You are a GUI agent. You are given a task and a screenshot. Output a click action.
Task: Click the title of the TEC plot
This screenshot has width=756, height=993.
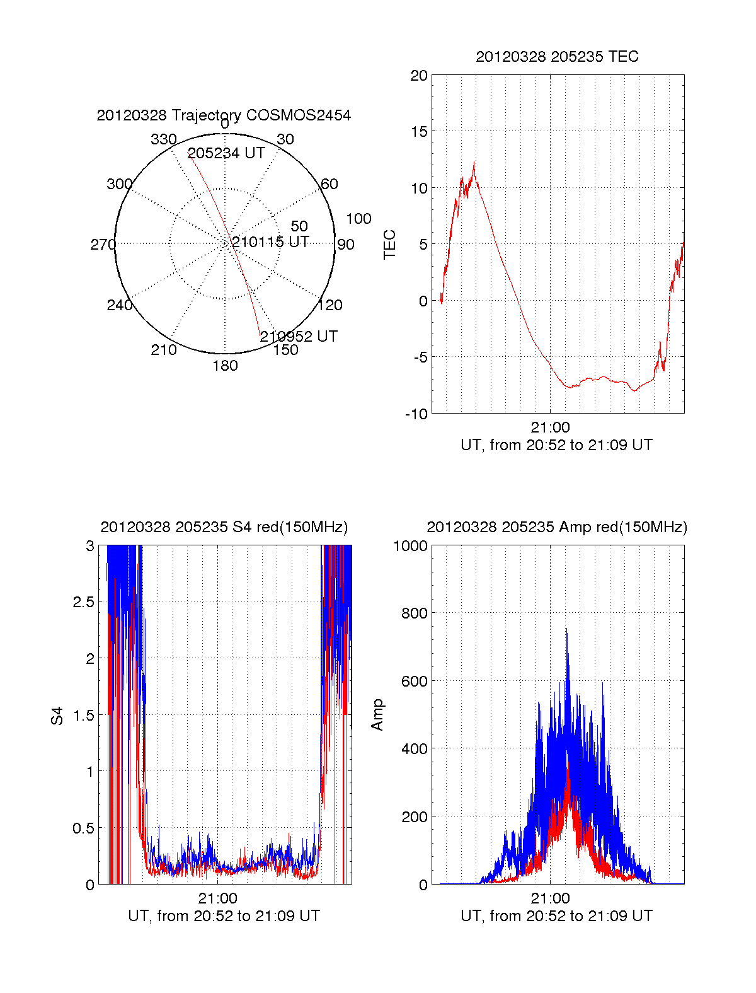[x=557, y=57]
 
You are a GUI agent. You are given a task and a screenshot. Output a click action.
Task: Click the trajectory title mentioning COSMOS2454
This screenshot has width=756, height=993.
[x=224, y=115]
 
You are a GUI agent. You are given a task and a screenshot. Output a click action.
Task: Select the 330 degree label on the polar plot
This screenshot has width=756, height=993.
[x=163, y=139]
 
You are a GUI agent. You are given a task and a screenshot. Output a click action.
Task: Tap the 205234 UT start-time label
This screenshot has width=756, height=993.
[x=226, y=153]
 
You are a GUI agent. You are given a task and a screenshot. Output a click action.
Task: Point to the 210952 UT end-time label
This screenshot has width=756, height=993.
[x=299, y=337]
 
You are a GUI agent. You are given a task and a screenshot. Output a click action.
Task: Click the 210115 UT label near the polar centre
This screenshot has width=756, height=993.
[x=270, y=242]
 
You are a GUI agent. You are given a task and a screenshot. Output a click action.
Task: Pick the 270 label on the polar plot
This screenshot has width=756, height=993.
[x=103, y=245]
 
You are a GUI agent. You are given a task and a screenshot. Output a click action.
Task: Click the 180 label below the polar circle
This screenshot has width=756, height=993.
[x=225, y=366]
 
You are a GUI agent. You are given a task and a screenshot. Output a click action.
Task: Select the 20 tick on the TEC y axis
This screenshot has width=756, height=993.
[x=419, y=76]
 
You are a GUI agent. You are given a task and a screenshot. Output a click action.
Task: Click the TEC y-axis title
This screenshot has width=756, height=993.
[x=390, y=245]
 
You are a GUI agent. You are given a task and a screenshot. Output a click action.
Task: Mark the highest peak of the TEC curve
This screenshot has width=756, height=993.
[x=474, y=163]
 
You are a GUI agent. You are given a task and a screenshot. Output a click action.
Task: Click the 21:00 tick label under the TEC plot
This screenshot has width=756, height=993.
[x=550, y=428]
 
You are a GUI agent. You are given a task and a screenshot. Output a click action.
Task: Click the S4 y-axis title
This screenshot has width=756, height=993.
[x=57, y=716]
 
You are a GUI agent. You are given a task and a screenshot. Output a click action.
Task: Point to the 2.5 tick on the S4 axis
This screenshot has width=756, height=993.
[x=83, y=602]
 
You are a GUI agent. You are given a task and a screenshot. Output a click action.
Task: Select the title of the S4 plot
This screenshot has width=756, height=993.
[x=224, y=527]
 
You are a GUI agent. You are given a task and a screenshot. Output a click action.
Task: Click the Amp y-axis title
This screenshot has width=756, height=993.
[x=377, y=715]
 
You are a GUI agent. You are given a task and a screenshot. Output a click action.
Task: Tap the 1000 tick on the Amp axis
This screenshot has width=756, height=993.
[x=410, y=546]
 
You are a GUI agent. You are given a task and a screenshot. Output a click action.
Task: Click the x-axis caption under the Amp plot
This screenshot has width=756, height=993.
[x=556, y=916]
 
